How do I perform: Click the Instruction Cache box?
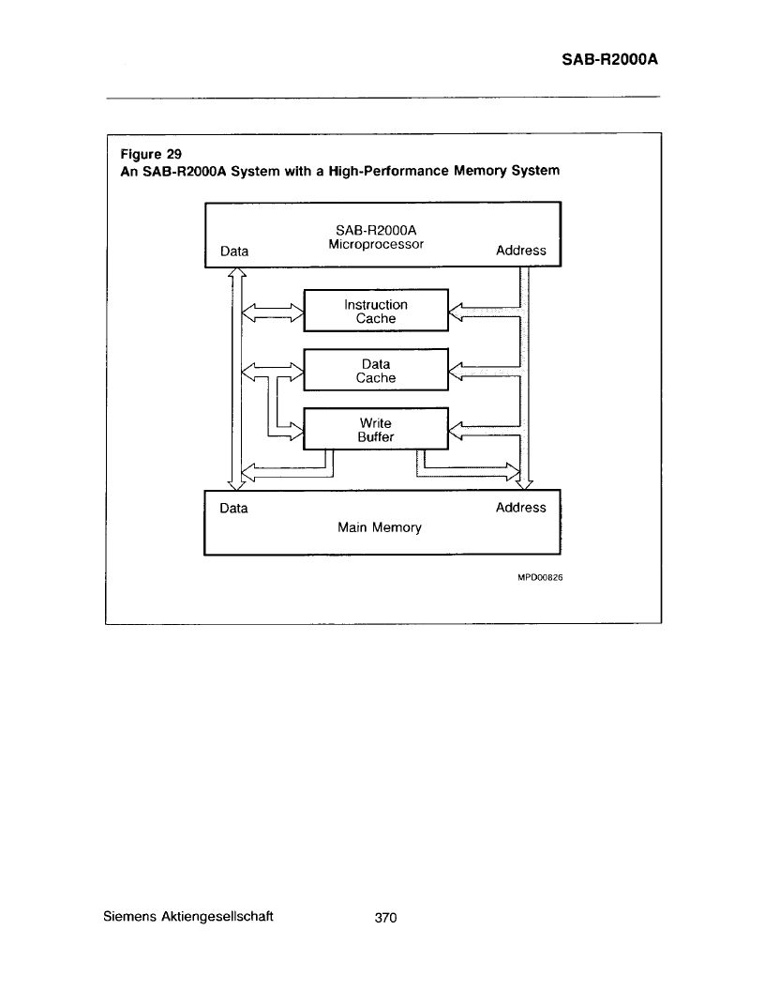pyautogui.click(x=376, y=311)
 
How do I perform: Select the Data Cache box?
pyautogui.click(x=376, y=370)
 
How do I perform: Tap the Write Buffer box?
pyautogui.click(x=376, y=429)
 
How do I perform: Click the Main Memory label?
pyautogui.click(x=380, y=527)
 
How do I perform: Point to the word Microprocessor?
pyautogui.click(x=376, y=245)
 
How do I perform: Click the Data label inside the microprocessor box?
pyautogui.click(x=234, y=251)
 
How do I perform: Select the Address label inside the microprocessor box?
pyautogui.click(x=520, y=251)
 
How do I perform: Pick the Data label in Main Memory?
pyautogui.click(x=233, y=508)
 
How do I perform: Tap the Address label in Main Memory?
pyautogui.click(x=520, y=508)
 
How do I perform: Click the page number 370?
pyautogui.click(x=385, y=918)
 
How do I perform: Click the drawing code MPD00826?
pyautogui.click(x=540, y=577)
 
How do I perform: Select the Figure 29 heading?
pyautogui.click(x=151, y=154)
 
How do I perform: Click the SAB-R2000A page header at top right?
pyautogui.click(x=609, y=59)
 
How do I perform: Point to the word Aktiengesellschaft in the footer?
pyautogui.click(x=217, y=917)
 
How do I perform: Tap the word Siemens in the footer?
pyautogui.click(x=129, y=917)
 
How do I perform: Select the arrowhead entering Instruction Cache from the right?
pyautogui.click(x=456, y=312)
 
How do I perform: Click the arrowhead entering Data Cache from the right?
pyautogui.click(x=456, y=371)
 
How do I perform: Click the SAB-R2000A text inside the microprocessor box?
pyautogui.click(x=376, y=231)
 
